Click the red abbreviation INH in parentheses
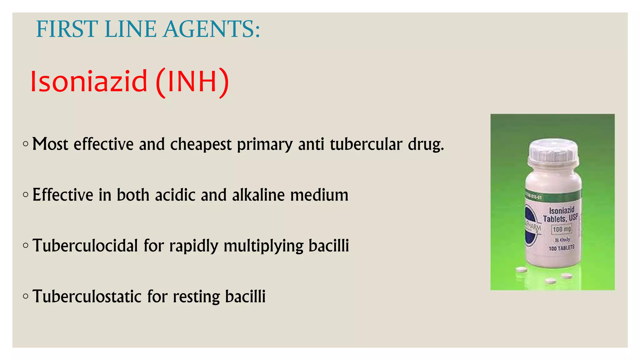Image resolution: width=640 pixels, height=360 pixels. (x=192, y=82)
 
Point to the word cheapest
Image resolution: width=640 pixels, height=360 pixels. (x=201, y=144)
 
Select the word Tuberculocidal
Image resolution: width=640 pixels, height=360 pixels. (x=85, y=246)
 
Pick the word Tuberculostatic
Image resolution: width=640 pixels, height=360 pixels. (x=87, y=296)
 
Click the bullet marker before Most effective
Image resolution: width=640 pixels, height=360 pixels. (x=26, y=144)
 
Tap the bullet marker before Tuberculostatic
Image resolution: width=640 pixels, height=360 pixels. (x=26, y=296)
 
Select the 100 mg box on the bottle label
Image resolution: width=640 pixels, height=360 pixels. (x=562, y=229)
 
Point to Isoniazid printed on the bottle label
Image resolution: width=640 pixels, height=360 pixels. (x=562, y=210)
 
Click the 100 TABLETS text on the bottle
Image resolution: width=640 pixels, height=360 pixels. (x=562, y=248)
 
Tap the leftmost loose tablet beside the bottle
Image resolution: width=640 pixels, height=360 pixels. (x=521, y=269)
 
